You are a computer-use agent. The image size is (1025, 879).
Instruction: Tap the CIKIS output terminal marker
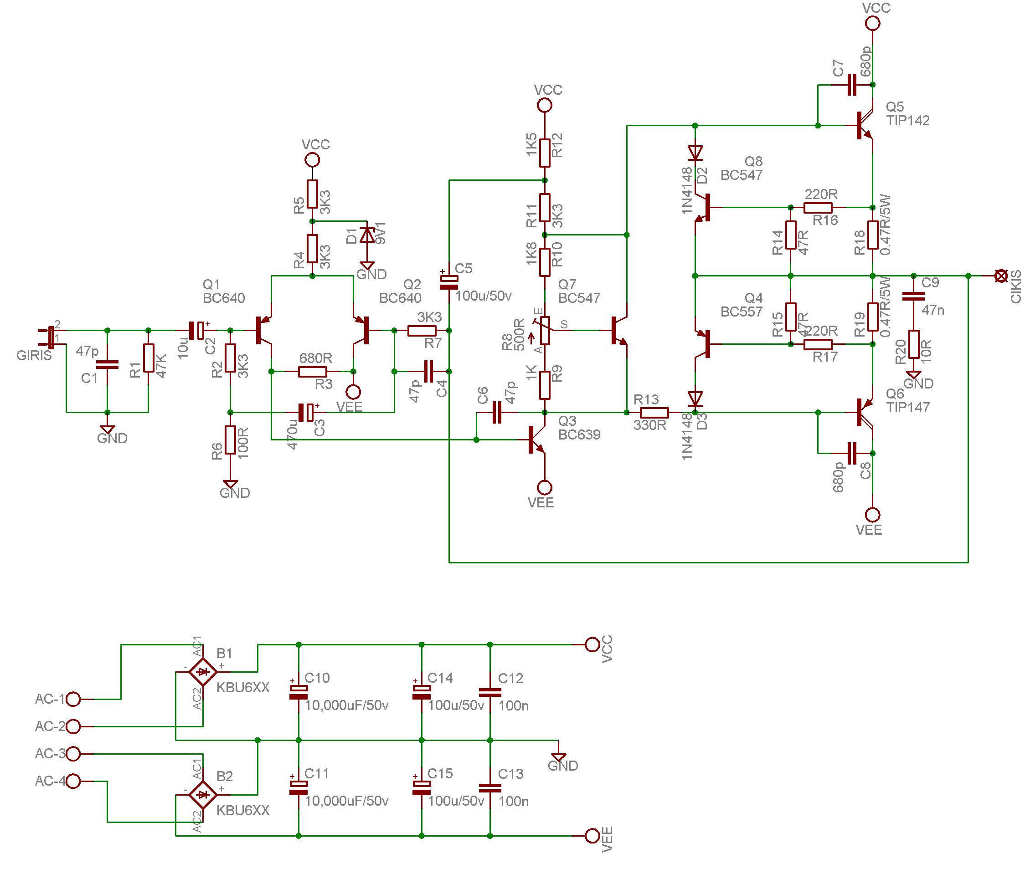pyautogui.click(x=1000, y=276)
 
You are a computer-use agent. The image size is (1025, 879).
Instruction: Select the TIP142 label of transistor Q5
pyautogui.click(x=908, y=121)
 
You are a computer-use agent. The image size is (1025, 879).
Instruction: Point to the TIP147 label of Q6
pyautogui.click(x=908, y=407)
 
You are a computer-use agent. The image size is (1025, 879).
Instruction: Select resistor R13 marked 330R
pyautogui.click(x=654, y=412)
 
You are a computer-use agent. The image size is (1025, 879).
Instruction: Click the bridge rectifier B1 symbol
pyautogui.click(x=203, y=671)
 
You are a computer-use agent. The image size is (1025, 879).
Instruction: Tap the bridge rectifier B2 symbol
pyautogui.click(x=203, y=794)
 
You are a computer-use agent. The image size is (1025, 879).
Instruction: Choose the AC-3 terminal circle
pyautogui.click(x=73, y=754)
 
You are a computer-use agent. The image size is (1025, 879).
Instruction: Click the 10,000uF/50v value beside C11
pyautogui.click(x=347, y=801)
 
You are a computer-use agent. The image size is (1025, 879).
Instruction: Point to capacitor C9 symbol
pyautogui.click(x=913, y=296)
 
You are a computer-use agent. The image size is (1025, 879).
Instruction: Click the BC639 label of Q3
pyautogui.click(x=579, y=434)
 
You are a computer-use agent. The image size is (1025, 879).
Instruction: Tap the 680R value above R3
pyautogui.click(x=316, y=358)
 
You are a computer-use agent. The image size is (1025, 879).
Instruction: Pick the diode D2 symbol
pyautogui.click(x=695, y=152)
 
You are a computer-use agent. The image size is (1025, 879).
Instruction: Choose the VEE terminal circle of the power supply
pyautogui.click(x=592, y=836)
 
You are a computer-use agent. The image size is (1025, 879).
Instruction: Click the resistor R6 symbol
pyautogui.click(x=230, y=440)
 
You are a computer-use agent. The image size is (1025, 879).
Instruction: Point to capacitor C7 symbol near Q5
pyautogui.click(x=851, y=85)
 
